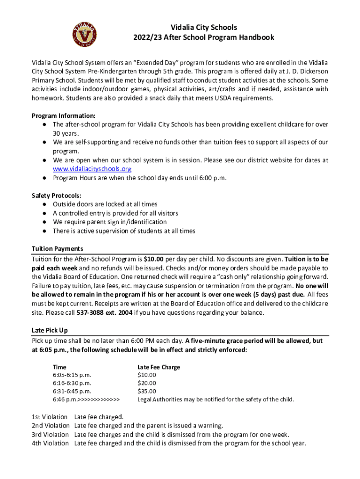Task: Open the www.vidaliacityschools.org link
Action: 92,169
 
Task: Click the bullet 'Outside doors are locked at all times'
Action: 105,204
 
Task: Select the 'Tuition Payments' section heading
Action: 57,249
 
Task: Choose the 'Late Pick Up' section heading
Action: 50,331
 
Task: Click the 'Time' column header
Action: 59,367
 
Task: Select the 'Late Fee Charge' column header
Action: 158,367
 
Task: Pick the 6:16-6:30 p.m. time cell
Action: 72,383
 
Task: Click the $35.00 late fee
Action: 147,391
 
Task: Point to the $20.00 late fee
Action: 147,383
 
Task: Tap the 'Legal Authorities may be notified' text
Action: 216,399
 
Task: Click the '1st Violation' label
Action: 50,417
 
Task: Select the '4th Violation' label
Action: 50,443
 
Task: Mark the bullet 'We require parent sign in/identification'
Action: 109,222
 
